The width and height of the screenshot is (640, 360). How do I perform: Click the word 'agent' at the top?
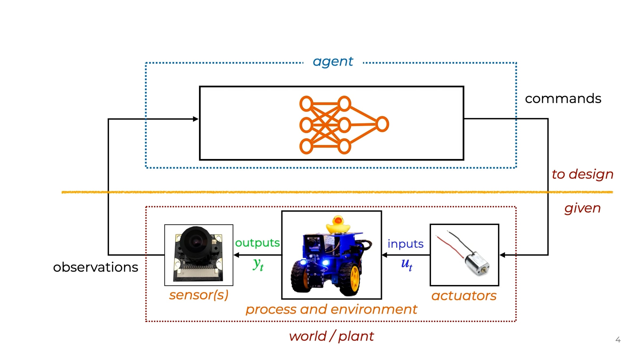(333, 62)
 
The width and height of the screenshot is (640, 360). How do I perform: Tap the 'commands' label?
(563, 98)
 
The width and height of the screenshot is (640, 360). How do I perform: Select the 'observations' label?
(95, 267)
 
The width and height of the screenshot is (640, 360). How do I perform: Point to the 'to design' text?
(582, 174)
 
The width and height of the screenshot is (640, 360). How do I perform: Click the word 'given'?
(582, 208)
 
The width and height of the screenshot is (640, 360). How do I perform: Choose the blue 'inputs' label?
(405, 244)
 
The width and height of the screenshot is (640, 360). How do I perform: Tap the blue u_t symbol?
(407, 264)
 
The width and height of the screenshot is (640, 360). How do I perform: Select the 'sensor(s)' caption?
(199, 295)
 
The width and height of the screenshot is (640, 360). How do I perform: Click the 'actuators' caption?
(464, 296)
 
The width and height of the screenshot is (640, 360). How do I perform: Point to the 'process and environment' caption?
(331, 310)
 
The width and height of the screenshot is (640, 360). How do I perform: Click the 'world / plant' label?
(331, 336)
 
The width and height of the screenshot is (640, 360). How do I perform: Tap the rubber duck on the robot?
(338, 225)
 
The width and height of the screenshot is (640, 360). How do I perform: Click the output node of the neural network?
(382, 124)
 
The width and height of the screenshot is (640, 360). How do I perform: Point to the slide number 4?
(618, 340)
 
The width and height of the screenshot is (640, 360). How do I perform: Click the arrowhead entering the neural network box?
(196, 119)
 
